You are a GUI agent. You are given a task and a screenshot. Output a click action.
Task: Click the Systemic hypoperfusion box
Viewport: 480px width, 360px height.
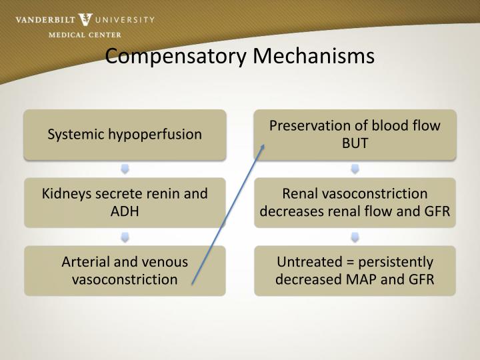point(125,135)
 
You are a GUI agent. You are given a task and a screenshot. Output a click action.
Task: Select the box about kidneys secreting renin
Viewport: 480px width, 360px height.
point(125,202)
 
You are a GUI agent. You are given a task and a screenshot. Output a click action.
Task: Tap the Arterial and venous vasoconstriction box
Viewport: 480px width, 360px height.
point(125,271)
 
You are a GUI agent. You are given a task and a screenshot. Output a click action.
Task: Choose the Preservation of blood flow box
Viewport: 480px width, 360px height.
point(355,135)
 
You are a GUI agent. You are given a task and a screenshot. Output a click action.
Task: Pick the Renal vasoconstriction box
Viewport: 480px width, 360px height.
point(355,202)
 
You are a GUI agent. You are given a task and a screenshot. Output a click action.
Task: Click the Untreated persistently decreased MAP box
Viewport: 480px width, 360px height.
point(355,271)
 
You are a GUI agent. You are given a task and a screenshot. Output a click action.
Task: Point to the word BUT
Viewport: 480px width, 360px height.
point(355,143)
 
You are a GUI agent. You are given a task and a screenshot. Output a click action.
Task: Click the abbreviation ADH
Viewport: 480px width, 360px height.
point(125,211)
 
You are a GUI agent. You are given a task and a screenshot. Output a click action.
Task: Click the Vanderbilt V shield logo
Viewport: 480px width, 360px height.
point(85,20)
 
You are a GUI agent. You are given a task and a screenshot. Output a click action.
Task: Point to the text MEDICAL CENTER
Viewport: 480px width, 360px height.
point(85,35)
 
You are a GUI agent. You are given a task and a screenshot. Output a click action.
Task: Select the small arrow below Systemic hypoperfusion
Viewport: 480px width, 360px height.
point(125,169)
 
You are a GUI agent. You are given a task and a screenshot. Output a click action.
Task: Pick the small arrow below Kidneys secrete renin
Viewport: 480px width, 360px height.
point(125,237)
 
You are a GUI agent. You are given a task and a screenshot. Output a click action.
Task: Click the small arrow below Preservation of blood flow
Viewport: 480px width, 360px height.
point(355,169)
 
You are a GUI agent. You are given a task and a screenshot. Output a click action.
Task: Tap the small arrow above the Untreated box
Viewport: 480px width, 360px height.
point(355,237)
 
